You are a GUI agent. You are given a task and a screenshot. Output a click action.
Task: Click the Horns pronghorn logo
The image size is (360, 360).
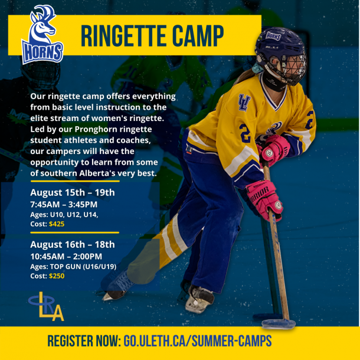42,34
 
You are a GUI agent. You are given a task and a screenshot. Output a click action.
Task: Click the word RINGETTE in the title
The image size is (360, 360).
124,36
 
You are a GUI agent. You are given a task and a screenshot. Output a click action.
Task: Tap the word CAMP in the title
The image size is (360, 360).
198,36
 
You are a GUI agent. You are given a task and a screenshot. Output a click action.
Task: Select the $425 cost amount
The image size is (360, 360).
57,224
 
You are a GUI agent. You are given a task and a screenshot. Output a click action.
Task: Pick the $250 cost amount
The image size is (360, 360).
57,276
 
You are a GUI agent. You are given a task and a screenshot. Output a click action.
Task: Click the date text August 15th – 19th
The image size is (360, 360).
73,192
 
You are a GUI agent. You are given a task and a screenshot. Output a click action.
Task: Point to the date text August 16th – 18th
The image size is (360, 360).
73,244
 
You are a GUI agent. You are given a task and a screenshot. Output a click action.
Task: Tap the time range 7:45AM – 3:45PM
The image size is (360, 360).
64,204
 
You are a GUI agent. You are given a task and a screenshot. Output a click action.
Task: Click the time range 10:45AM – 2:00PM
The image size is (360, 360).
66,257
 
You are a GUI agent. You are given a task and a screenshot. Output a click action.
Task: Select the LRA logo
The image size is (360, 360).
46,306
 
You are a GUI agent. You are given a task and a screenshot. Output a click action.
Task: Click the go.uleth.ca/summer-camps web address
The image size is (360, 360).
198,341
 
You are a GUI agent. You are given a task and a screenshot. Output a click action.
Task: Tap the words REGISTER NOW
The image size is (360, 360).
84,341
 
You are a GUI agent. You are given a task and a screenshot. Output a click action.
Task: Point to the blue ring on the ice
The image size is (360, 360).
279,324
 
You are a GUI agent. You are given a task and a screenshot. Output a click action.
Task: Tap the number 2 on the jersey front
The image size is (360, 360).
245,133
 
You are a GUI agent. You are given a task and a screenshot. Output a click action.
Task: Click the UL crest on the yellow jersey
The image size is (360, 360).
244,102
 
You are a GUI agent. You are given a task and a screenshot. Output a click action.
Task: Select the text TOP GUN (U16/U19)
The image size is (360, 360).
83,267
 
